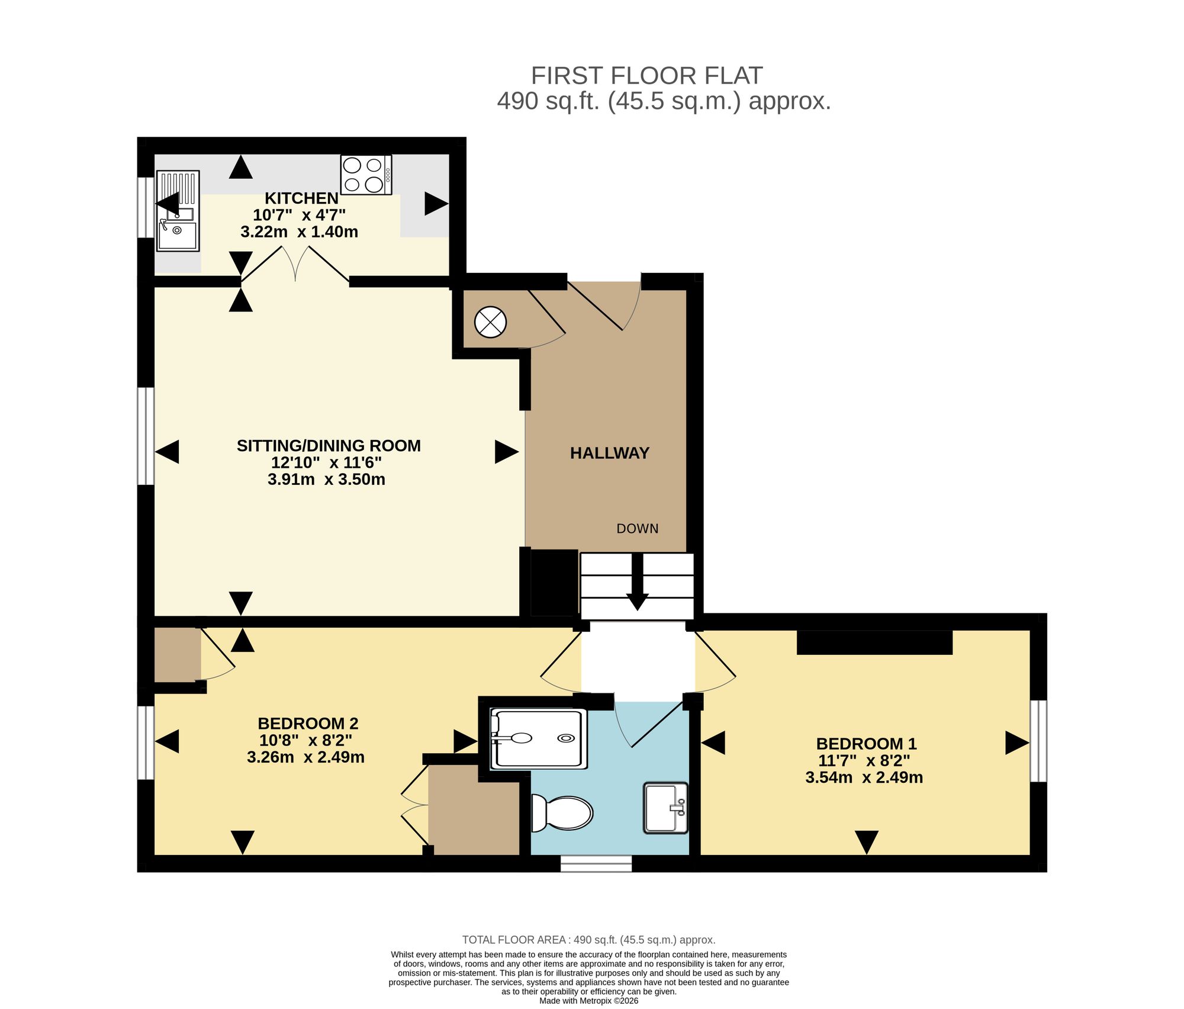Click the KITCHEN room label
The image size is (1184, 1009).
pos(301,198)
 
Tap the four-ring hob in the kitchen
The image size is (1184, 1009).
pos(366,175)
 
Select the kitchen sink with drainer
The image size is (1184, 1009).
pos(178,211)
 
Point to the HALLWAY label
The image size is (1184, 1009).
pos(610,453)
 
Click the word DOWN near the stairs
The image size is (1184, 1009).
pos(638,529)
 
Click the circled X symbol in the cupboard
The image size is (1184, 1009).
pos(491,323)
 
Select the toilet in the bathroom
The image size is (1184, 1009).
pos(562,812)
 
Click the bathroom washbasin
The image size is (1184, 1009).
pos(666,808)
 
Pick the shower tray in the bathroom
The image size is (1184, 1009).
pos(539,738)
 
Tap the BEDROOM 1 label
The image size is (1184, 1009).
pos(867,744)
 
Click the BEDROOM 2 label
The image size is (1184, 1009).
pos(308,724)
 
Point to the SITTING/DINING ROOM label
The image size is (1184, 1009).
pos(329,446)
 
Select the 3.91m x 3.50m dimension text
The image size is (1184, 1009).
pos(326,479)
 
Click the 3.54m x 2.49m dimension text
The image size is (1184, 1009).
pos(864,777)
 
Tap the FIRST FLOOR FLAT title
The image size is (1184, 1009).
pos(646,76)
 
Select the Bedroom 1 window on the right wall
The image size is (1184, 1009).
pos(1039,741)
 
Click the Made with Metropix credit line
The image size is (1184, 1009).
pos(589,1001)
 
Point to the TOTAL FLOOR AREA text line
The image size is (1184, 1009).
pos(589,940)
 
